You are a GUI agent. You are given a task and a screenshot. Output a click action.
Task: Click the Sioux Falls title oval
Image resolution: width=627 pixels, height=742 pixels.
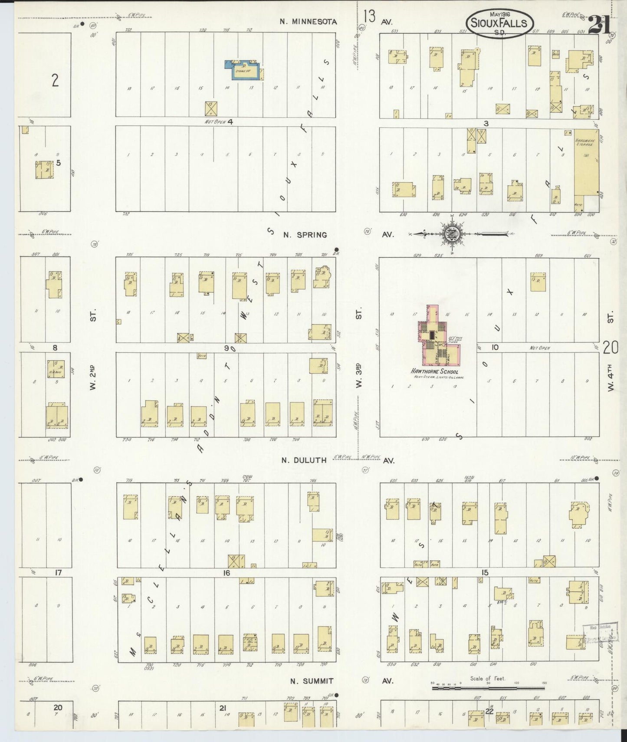tap(499, 23)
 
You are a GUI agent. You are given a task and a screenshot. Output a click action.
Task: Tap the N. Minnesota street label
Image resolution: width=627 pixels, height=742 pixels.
tap(308, 22)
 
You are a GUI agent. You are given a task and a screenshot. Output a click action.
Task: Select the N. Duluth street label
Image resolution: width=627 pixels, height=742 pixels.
tap(304, 460)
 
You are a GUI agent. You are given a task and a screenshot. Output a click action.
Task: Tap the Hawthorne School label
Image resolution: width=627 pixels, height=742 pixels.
tap(434, 372)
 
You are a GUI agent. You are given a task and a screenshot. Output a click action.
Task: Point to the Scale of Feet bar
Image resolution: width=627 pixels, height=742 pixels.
tap(488, 688)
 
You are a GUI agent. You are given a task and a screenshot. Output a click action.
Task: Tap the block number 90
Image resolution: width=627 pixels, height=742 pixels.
tap(230, 348)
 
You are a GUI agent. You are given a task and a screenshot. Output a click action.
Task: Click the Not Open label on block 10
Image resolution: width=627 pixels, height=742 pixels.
tap(539, 348)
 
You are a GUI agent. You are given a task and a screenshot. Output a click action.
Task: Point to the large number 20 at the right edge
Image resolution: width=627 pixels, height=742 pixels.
tap(610, 347)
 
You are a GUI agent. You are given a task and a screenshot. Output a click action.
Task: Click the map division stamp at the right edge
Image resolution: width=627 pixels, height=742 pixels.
tap(600, 634)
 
